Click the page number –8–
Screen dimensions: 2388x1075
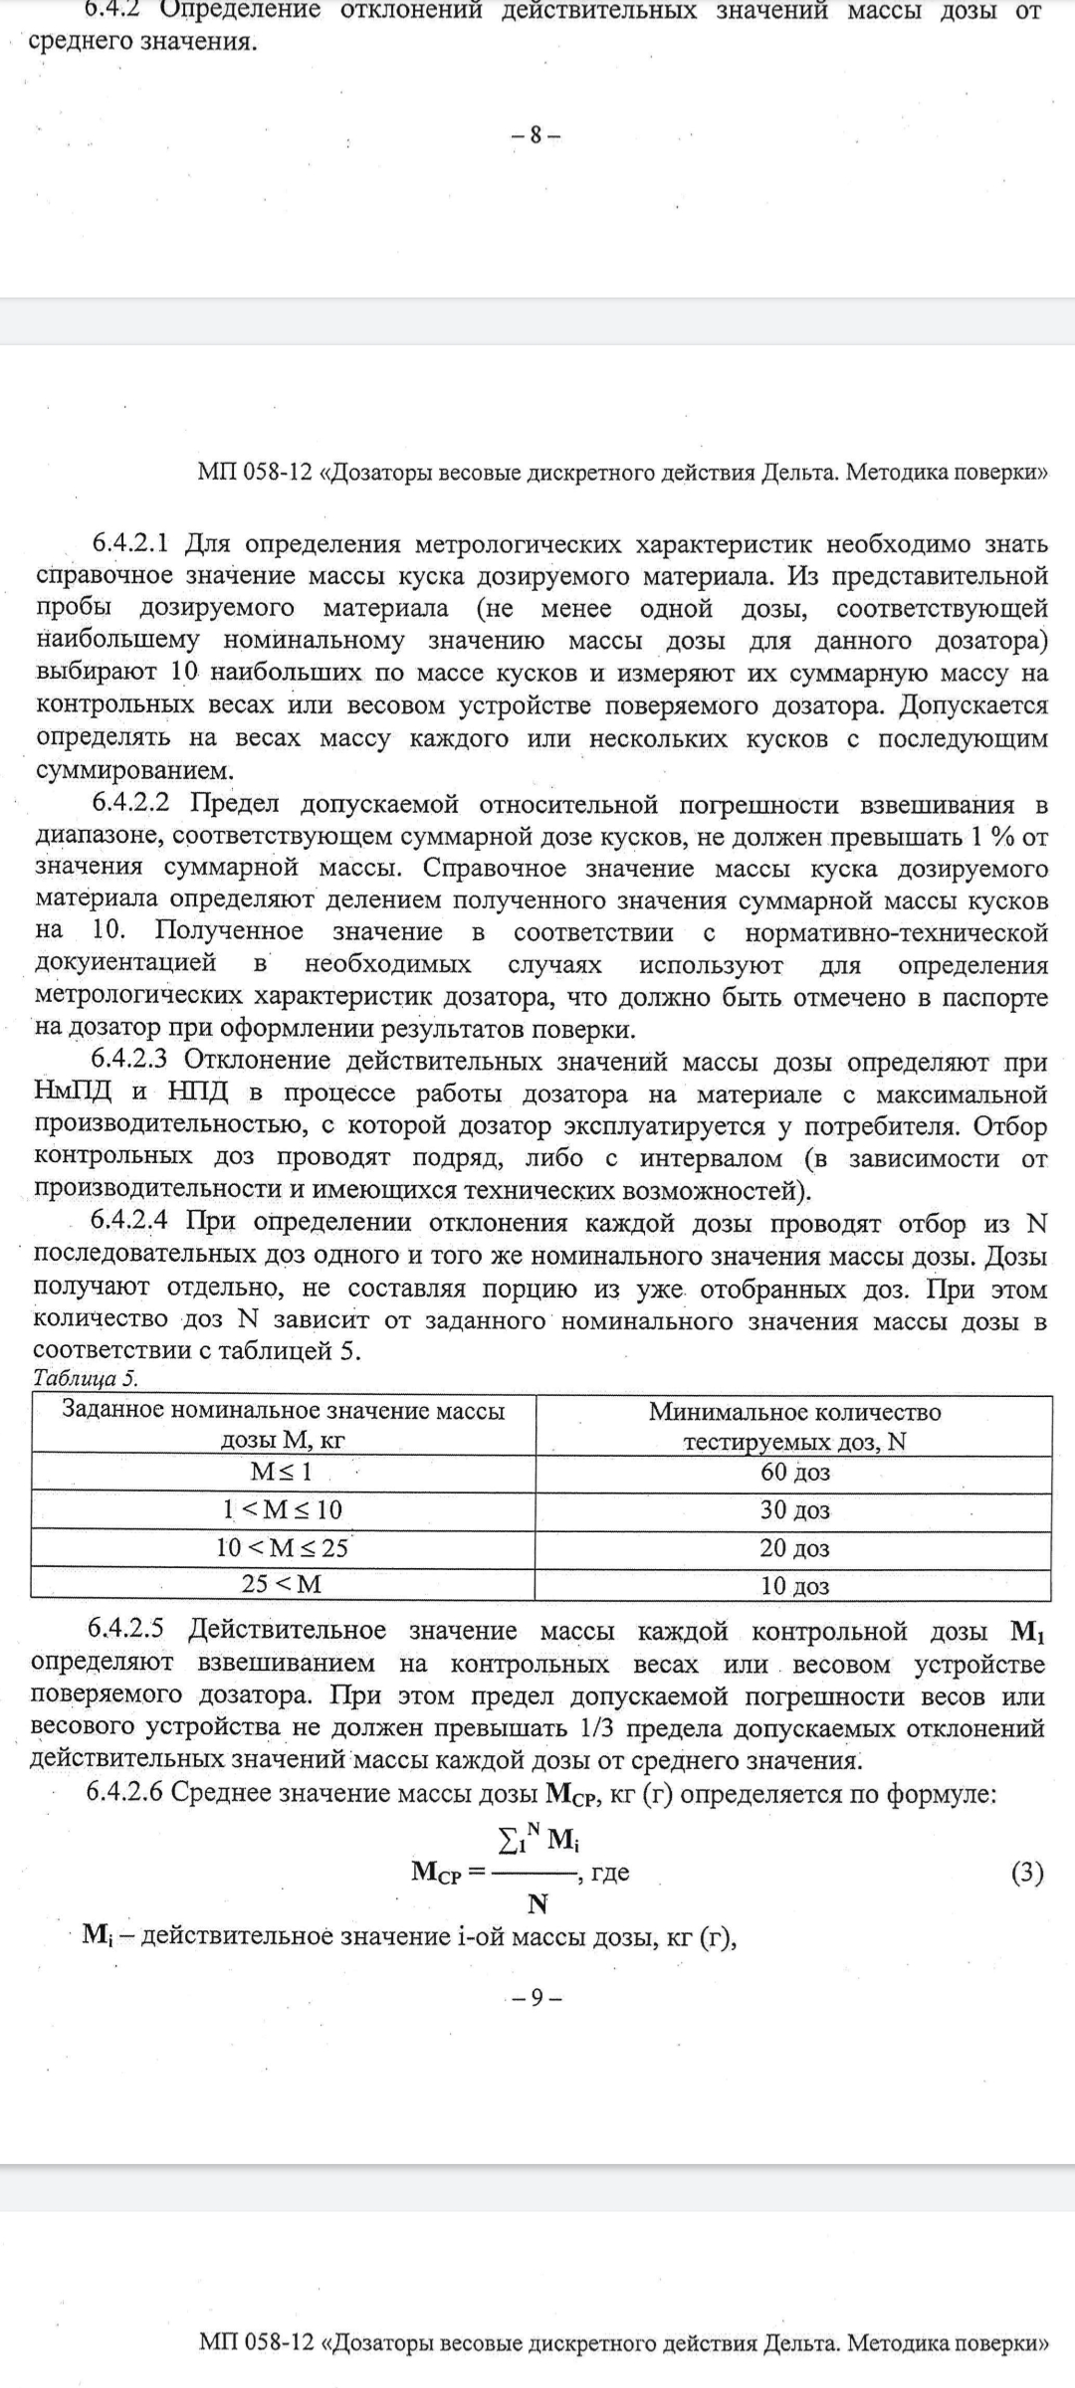coord(536,135)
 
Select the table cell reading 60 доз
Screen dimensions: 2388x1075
coord(794,1473)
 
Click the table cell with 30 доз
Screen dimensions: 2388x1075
coord(794,1510)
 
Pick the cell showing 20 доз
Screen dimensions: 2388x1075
coord(794,1548)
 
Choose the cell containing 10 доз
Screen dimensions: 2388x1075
coord(794,1586)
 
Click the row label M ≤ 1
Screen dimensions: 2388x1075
coord(282,1472)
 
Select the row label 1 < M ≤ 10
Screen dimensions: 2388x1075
coord(282,1510)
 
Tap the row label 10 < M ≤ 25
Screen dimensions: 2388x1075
coord(282,1548)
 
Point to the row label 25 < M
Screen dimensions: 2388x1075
coord(282,1584)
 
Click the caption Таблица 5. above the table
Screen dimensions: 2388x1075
coord(86,1379)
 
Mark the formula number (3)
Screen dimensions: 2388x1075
coord(1027,1874)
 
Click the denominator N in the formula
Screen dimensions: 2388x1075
coord(537,1904)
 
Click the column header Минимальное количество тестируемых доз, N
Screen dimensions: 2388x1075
coord(794,1426)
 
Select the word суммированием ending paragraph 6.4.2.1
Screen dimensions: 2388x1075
coord(134,771)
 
